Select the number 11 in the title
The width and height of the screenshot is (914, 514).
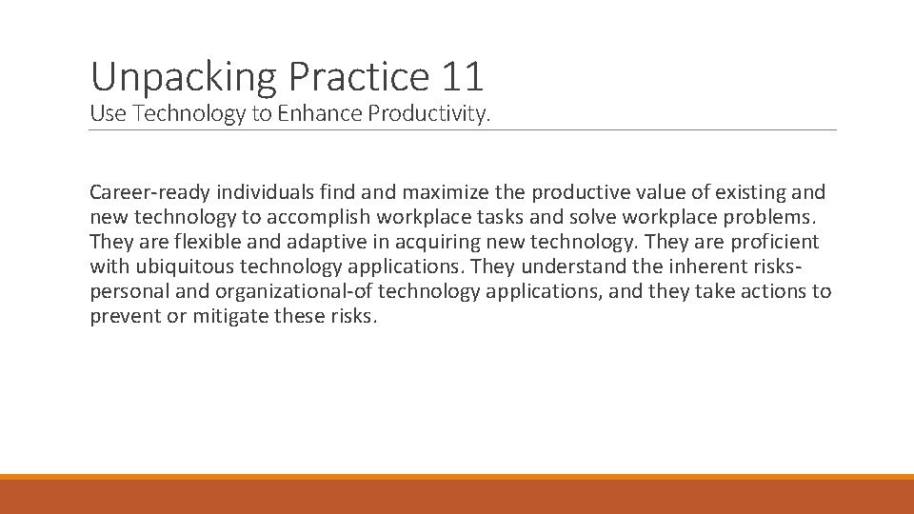(463, 76)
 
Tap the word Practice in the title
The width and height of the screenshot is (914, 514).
(361, 76)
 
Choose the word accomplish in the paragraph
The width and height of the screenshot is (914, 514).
(313, 218)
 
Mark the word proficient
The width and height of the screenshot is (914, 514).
(774, 243)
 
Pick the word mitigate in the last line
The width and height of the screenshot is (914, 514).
(232, 317)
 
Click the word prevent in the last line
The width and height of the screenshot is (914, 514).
(125, 317)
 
